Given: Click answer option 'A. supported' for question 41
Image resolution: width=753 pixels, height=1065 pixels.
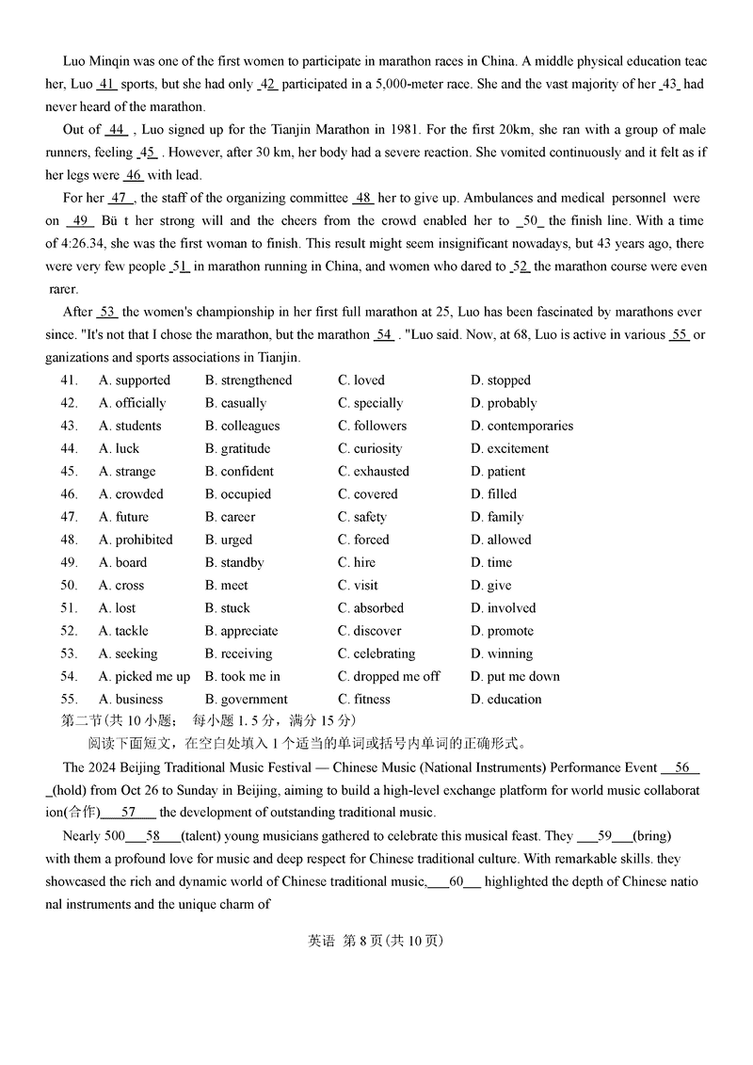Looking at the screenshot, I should pos(134,380).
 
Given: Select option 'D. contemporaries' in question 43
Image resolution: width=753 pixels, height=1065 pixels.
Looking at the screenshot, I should pos(521,426).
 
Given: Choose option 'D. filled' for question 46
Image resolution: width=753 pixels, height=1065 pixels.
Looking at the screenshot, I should pos(493,494).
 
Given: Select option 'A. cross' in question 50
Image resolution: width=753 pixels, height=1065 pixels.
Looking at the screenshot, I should pos(121,586).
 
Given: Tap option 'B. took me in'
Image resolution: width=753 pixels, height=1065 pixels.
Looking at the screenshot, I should pos(242,676).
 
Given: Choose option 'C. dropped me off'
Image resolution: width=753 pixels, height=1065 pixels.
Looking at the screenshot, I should pos(389,676).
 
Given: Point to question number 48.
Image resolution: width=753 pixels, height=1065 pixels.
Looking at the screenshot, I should pos(68,540).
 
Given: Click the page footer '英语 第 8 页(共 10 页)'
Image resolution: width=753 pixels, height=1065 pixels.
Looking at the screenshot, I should pos(376,941).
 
